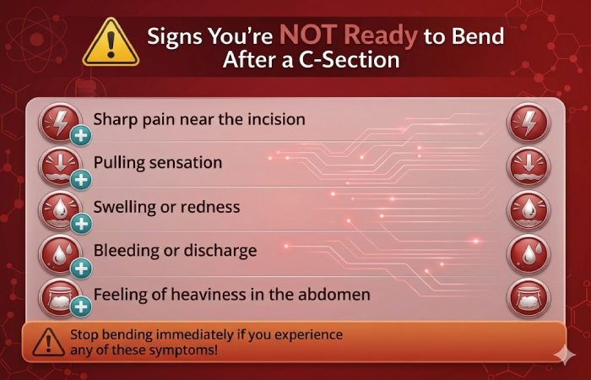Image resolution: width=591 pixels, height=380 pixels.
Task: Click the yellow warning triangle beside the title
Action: (x=109, y=41)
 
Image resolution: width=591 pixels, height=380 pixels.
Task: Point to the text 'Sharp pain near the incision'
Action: (x=198, y=118)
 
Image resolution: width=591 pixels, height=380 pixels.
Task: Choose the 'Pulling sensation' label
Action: (x=157, y=162)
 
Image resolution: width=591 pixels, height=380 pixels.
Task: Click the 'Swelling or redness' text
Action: (x=166, y=206)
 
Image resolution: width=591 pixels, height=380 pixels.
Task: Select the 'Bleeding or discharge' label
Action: (x=175, y=251)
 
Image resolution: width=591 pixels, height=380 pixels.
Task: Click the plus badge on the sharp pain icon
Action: (x=80, y=135)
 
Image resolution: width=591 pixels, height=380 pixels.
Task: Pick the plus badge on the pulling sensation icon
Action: (x=80, y=179)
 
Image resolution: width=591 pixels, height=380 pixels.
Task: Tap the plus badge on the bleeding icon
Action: (x=80, y=268)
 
